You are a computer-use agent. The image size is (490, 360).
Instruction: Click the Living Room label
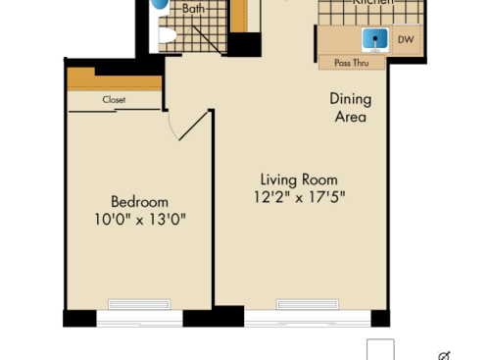[299, 180]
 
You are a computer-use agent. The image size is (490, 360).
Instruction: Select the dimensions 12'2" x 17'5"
[299, 197]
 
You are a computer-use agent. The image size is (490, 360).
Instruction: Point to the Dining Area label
[348, 108]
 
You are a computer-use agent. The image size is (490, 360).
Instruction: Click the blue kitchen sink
[373, 40]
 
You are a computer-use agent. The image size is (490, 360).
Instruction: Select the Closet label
[114, 99]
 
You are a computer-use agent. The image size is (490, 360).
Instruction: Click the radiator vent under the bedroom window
[139, 303]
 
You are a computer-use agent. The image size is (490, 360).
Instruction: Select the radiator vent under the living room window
[307, 303]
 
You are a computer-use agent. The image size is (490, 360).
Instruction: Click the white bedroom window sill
[139, 319]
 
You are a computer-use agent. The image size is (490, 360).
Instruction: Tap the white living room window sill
[307, 319]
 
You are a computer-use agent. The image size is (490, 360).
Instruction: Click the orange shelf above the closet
[113, 80]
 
